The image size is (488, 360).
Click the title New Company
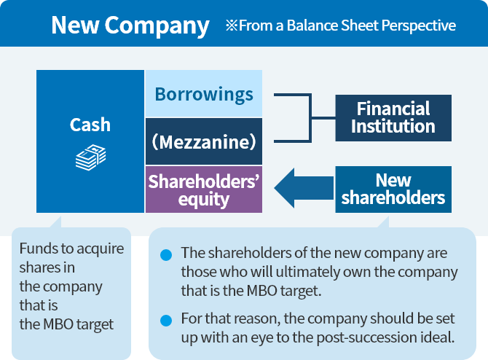130,26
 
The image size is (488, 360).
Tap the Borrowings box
204,94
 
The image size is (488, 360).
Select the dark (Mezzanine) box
204,141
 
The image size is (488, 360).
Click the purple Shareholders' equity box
204,189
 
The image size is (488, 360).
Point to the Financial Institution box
393,117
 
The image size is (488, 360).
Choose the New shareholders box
393,189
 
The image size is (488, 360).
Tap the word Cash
90,125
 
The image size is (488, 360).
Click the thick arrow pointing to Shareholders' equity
302,189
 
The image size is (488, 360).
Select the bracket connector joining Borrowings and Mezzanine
310,117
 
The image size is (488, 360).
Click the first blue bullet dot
166,254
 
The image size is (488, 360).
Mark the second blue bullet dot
166,320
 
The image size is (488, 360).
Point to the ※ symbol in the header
232,26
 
